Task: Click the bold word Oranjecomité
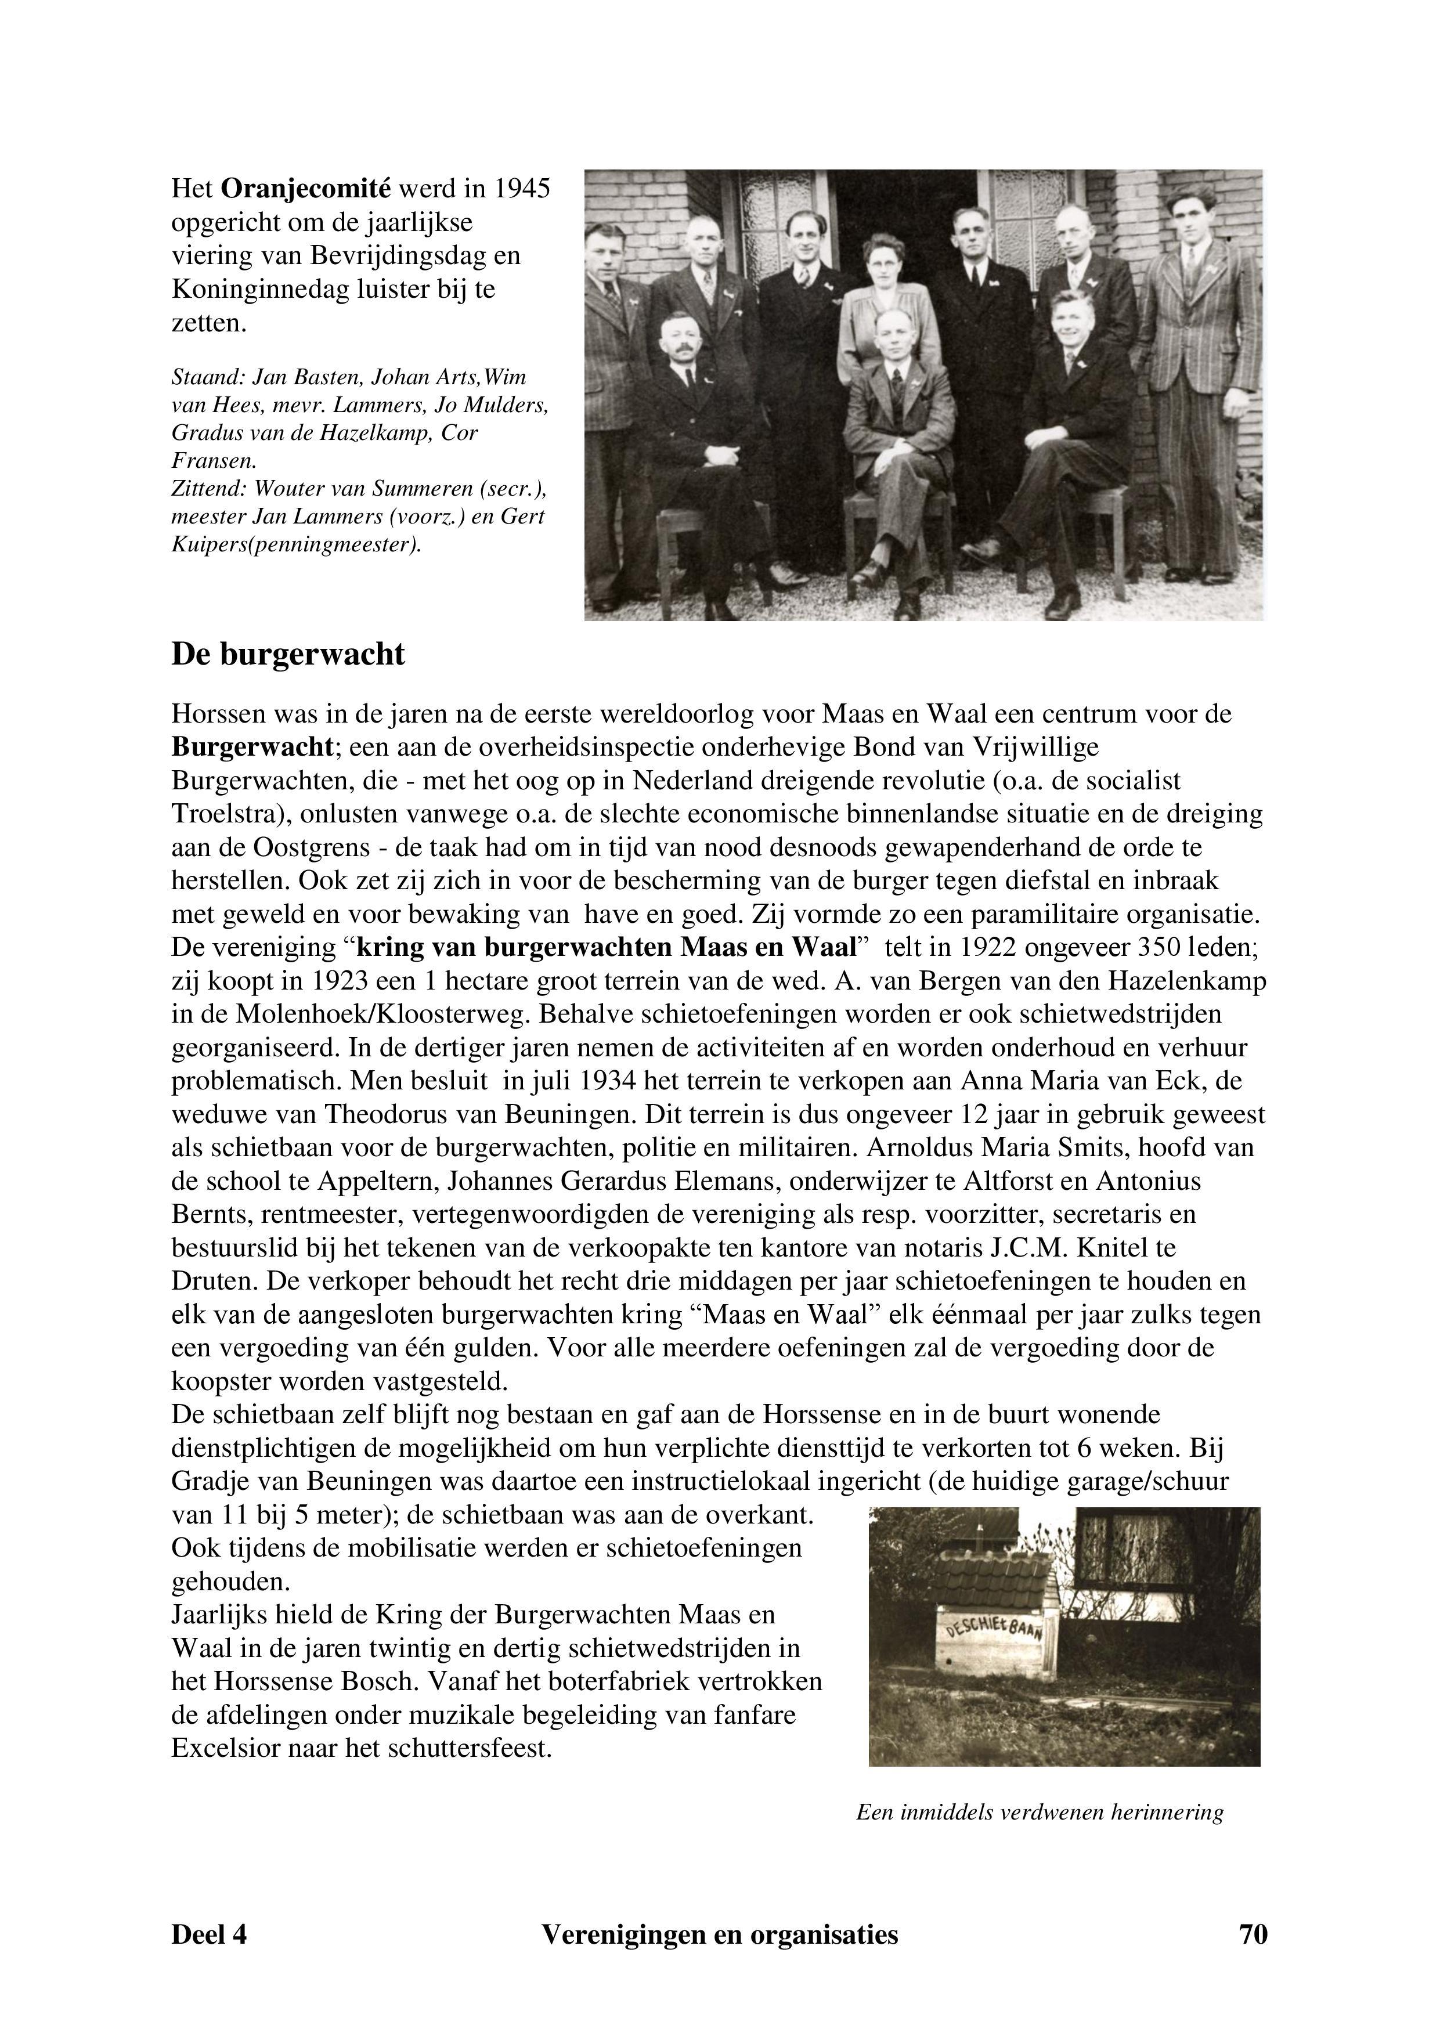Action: point(305,189)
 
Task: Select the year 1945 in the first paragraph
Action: point(521,189)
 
